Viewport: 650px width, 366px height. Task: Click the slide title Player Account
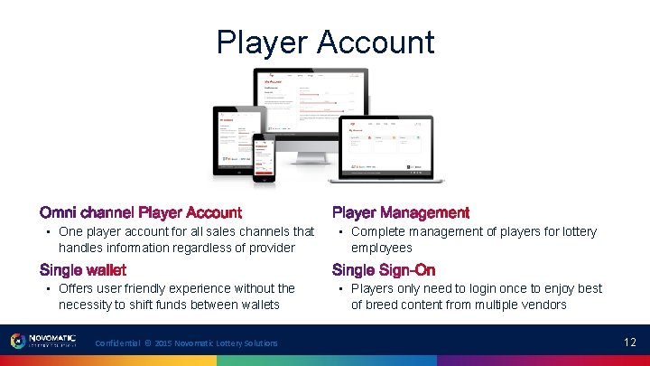325,42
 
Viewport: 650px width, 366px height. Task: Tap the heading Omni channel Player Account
141,213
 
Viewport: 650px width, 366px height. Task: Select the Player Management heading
401,213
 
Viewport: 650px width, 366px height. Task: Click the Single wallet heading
83,270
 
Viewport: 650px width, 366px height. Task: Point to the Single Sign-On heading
384,270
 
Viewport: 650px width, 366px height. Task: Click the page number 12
629,342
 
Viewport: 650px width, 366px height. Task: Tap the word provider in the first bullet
270,248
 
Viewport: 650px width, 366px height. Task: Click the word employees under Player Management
382,248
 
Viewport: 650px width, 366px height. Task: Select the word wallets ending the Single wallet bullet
257,305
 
